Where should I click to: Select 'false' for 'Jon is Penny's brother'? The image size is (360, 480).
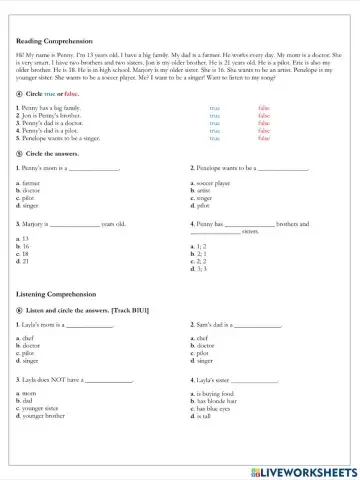tap(264, 114)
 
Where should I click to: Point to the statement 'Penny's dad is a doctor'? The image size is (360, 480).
tap(59, 121)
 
